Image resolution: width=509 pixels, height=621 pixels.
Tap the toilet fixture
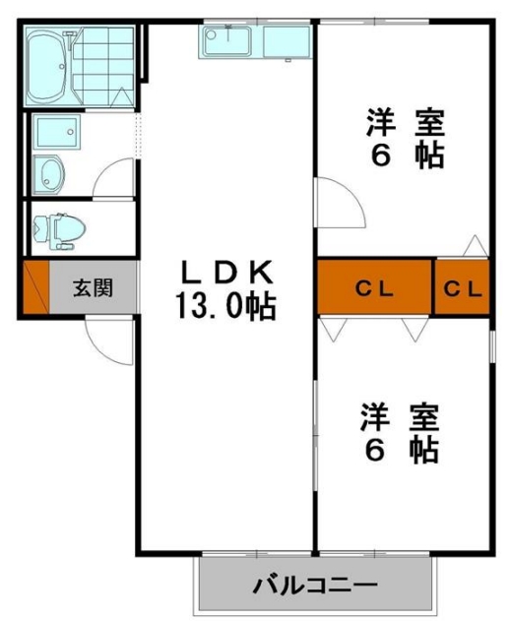[x=57, y=227]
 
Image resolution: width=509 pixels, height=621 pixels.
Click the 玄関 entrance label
[x=93, y=288]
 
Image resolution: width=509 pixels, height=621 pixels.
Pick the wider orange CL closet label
[x=375, y=288]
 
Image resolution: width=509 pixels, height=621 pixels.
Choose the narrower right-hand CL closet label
[x=463, y=288]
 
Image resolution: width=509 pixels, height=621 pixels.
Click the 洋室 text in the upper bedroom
[x=405, y=123]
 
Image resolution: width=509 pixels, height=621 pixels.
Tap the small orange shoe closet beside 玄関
[x=34, y=288]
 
